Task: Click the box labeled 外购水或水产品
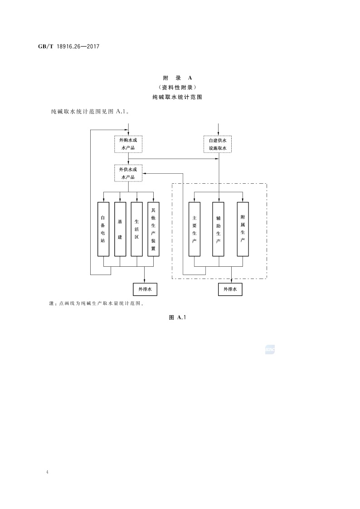pyautogui.click(x=128, y=144)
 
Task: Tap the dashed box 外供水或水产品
pyautogui.click(x=128, y=173)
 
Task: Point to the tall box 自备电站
pyautogui.click(x=103, y=229)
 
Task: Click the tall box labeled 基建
pyautogui.click(x=120, y=229)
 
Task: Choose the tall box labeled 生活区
pyautogui.click(x=136, y=229)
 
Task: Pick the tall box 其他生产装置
pyautogui.click(x=153, y=229)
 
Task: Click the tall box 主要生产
pyautogui.click(x=194, y=229)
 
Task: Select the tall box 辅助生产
pyautogui.click(x=219, y=229)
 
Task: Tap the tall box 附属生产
pyautogui.click(x=243, y=229)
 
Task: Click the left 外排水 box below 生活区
pyautogui.click(x=145, y=289)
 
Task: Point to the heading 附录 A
pyautogui.click(x=180, y=78)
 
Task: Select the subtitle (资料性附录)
pyautogui.click(x=180, y=87)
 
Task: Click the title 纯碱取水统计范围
pyautogui.click(x=180, y=97)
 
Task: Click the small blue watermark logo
pyautogui.click(x=270, y=350)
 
